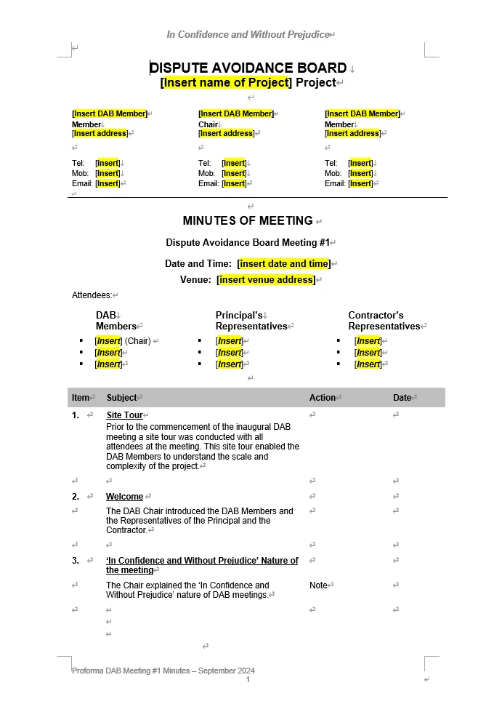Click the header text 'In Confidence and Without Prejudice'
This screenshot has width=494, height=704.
pyautogui.click(x=247, y=34)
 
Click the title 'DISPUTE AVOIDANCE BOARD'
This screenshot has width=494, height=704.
pyautogui.click(x=248, y=68)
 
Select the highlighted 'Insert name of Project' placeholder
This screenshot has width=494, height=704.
pyautogui.click(x=226, y=82)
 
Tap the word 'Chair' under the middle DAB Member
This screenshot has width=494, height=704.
pyautogui.click(x=208, y=124)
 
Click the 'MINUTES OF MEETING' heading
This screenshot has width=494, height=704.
pyautogui.click(x=248, y=220)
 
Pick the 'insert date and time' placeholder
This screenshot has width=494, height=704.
pyautogui.click(x=283, y=263)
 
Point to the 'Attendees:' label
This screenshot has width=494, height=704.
pyautogui.click(x=92, y=295)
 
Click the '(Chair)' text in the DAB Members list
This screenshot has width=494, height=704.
pyautogui.click(x=137, y=340)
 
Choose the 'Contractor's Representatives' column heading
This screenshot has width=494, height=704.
pyautogui.click(x=384, y=321)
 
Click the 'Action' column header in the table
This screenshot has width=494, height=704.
pyautogui.click(x=322, y=398)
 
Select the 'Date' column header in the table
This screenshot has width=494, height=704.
pyautogui.click(x=402, y=398)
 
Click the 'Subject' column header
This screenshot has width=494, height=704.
pyautogui.click(x=121, y=398)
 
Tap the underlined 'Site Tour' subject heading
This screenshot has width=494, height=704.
pyautogui.click(x=124, y=415)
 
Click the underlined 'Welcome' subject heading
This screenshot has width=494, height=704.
pyautogui.click(x=124, y=497)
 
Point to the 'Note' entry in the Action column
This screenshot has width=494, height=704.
pyautogui.click(x=318, y=585)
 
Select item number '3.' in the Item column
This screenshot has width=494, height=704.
pyautogui.click(x=76, y=561)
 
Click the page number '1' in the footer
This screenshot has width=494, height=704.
pyautogui.click(x=248, y=679)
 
